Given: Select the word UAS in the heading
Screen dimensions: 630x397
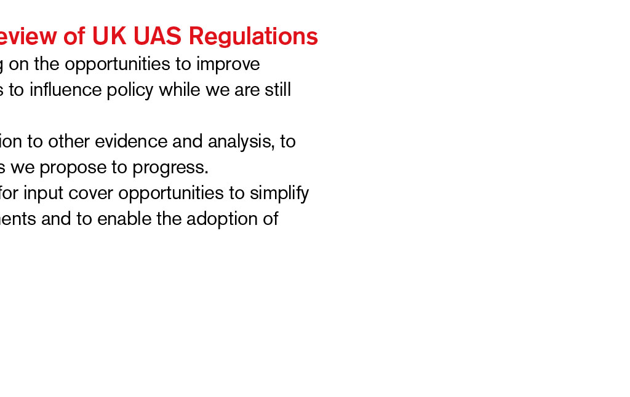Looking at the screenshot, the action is point(157,36).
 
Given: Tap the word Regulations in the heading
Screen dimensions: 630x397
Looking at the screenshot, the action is point(253,37).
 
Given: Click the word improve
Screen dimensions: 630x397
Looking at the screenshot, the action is point(228,65).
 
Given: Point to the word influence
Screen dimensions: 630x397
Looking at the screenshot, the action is point(65,90).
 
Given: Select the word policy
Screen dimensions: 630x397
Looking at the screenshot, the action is point(130,90).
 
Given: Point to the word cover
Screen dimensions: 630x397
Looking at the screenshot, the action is point(91,194).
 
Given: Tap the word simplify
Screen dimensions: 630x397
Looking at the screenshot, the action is point(279,194).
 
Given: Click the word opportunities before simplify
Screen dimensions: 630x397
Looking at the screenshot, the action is point(171,194).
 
